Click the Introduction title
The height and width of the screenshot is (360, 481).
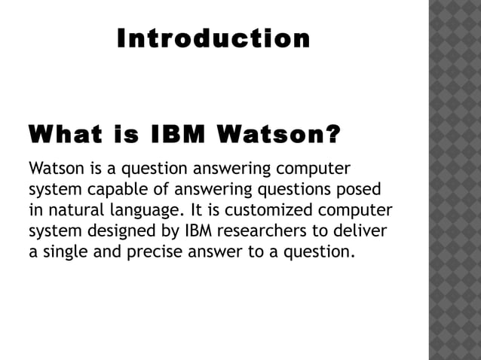(x=213, y=38)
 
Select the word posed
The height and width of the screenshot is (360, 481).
(x=360, y=188)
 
